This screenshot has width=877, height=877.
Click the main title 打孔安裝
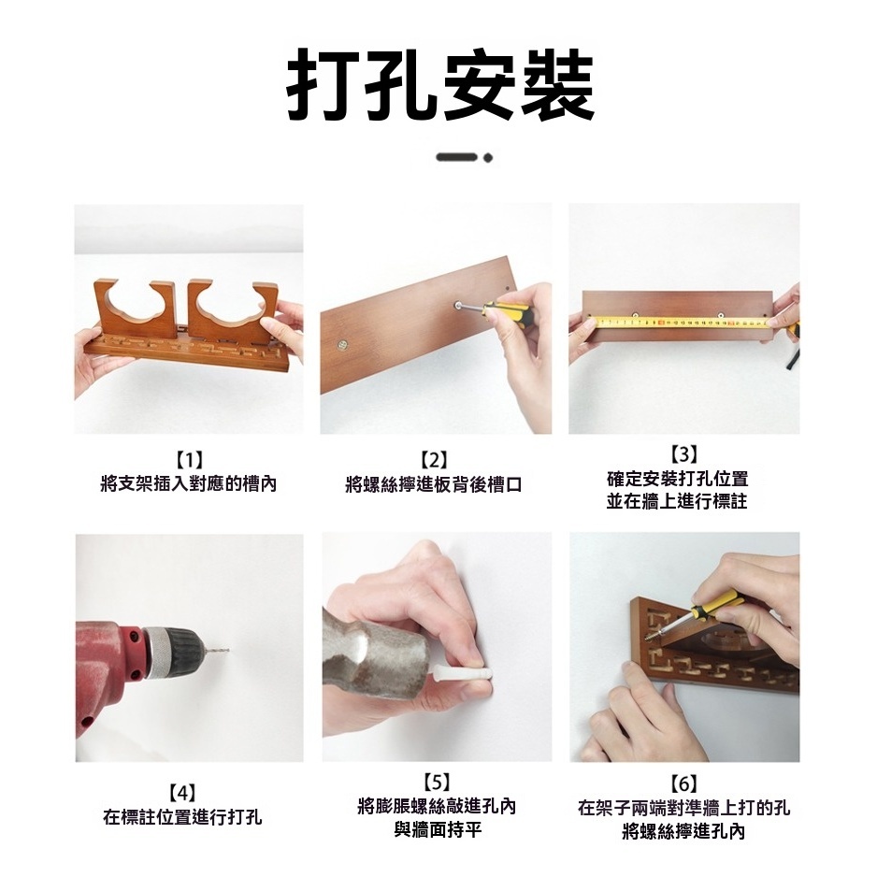point(440,86)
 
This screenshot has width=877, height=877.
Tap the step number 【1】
point(189,460)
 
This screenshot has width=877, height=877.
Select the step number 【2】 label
point(434,460)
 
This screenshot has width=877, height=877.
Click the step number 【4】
point(181,793)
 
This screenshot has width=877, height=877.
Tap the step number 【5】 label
point(436,782)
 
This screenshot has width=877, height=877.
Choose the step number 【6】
point(683,784)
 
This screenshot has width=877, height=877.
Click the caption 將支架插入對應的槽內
point(189,483)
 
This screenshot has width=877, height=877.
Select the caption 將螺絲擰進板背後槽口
point(434,483)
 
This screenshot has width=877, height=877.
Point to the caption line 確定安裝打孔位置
point(677,479)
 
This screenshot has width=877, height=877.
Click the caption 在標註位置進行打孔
point(182,816)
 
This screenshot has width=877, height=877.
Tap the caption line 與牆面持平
point(438,829)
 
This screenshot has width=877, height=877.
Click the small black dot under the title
point(488,158)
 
